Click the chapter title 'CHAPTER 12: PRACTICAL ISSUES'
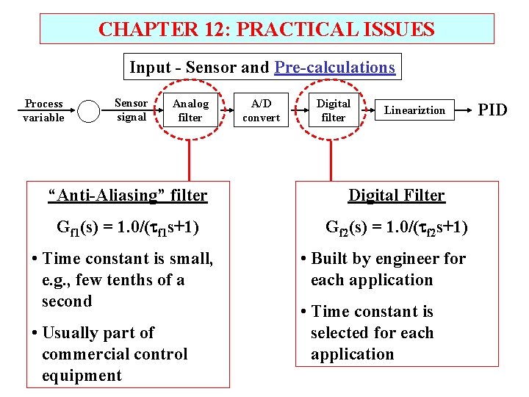266,29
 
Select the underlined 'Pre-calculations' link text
334,68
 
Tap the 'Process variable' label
43,110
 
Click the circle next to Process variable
89,111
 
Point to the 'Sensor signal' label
132,110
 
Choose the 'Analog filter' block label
190,110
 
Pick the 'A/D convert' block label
261,110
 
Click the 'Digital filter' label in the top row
333,110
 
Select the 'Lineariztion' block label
414,110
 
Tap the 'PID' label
492,110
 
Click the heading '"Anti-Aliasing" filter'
127,196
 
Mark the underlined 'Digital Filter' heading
396,196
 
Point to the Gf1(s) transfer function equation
127,227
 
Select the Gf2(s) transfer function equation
396,227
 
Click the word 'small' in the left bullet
190,259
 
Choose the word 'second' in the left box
67,301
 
